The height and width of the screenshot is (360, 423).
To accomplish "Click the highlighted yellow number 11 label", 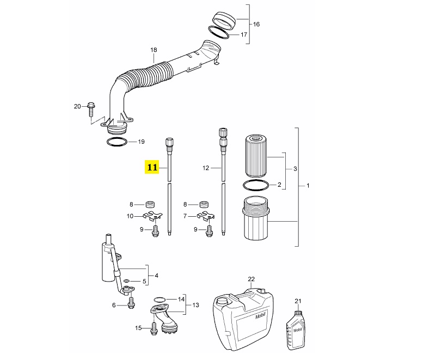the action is pyautogui.click(x=152, y=167).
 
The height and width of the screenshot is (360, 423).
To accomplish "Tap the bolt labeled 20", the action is pyautogui.click(x=91, y=109).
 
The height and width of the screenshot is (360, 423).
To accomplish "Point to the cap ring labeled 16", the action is pyautogui.click(x=224, y=21).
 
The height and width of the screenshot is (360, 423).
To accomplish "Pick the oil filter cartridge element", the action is pyautogui.click(x=256, y=156).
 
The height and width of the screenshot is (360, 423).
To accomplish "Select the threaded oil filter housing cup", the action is pyautogui.click(x=255, y=218).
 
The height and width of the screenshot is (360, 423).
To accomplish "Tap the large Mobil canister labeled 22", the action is pyautogui.click(x=243, y=319).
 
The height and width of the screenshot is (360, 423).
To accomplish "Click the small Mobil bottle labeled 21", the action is pyautogui.click(x=296, y=331).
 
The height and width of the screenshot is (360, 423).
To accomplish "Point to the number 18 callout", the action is pyautogui.click(x=154, y=50).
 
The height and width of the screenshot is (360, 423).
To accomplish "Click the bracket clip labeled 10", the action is pyautogui.click(x=152, y=216).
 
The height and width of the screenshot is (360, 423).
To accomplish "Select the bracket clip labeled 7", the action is pyautogui.click(x=206, y=216).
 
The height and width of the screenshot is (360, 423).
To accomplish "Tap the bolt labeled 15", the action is pyautogui.click(x=154, y=328).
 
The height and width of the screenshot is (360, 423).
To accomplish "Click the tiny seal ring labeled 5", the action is pyautogui.click(x=126, y=281).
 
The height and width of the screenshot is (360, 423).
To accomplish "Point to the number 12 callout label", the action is pyautogui.click(x=206, y=168).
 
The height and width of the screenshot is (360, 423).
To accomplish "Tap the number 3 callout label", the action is pyautogui.click(x=295, y=169).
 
